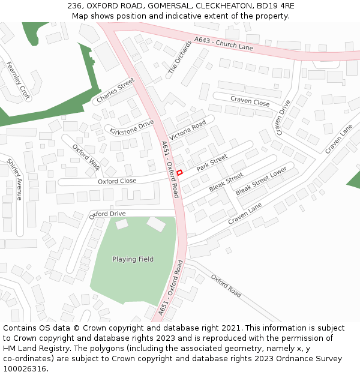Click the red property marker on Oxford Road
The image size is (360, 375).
coord(179,172)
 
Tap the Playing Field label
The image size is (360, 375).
coord(133,259)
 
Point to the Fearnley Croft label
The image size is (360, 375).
coord(17,80)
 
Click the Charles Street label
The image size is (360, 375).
coord(116,91)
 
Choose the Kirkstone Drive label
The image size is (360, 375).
coord(131,127)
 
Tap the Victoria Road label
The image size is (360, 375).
coord(187,130)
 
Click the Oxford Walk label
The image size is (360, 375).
coord(86,157)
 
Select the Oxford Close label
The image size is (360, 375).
coord(117,181)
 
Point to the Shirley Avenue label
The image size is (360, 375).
coord(14,179)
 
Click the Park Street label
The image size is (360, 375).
coord(212,163)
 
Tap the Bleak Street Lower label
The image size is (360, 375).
coord(261,181)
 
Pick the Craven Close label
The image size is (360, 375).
coord(250,101)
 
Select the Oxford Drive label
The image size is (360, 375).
coord(107,214)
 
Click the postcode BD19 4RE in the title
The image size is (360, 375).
coord(275,5)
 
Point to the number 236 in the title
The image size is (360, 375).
coord(74,5)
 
